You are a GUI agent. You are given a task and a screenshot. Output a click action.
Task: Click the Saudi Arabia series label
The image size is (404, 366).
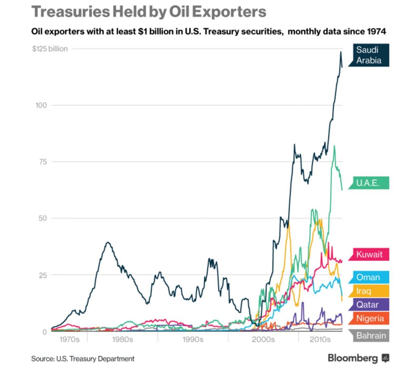coord(368,55)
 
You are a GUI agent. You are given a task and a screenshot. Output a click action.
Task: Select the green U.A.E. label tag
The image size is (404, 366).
coord(367,183)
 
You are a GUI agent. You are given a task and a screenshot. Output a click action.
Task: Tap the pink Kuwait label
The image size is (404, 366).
coord(369,255)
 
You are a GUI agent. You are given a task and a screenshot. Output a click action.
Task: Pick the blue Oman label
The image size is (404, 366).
coord(368,277)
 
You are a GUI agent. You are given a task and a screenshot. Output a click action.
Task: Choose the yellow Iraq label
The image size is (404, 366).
coord(364,290)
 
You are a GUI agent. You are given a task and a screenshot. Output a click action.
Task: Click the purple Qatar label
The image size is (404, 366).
coord(367,304)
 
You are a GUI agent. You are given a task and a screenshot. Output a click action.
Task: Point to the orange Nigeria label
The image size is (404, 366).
coord(370,318)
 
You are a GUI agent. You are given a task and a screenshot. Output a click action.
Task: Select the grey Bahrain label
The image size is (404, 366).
coord(371,335)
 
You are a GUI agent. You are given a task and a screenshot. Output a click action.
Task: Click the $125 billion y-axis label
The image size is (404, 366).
coord(50,48)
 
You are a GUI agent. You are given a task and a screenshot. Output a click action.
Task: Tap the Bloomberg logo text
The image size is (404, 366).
coord(353,358)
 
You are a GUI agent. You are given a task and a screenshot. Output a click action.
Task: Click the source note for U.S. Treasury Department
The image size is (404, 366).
coord(83,358)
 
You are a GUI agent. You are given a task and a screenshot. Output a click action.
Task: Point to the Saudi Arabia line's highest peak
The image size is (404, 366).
coord(341,52)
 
